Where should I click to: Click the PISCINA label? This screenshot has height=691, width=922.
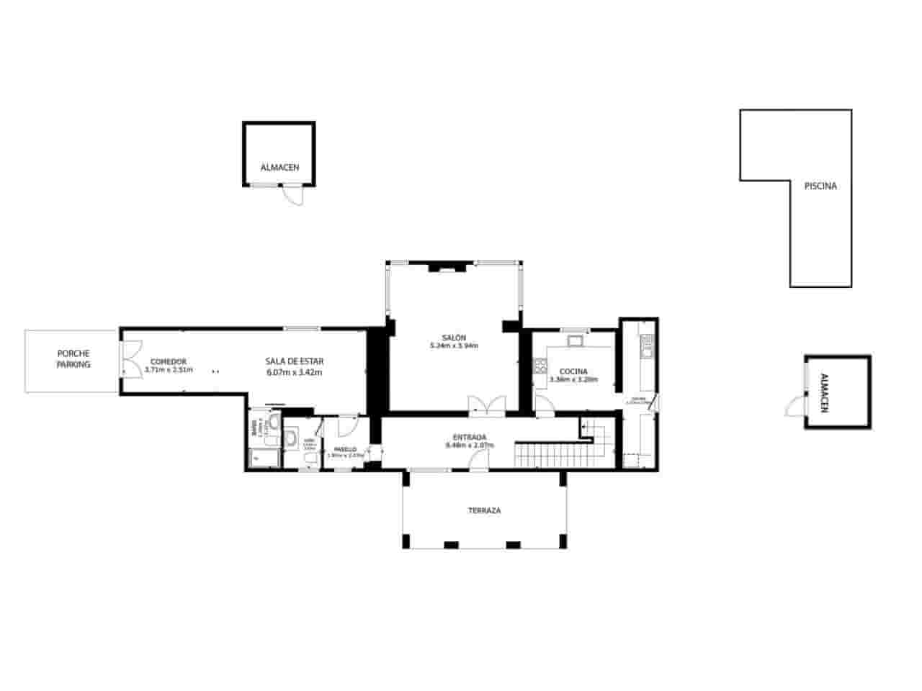(x=820, y=186)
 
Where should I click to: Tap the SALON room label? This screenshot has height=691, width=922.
(x=454, y=338)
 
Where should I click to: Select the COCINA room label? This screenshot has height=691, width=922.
(x=573, y=371)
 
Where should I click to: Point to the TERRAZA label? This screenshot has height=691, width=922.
(x=484, y=510)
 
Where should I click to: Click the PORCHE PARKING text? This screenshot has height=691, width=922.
(x=73, y=358)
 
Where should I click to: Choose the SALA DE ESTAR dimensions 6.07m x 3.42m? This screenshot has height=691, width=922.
(x=294, y=372)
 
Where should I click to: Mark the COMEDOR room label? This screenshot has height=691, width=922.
(x=169, y=361)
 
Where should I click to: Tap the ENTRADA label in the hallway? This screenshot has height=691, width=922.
(x=470, y=437)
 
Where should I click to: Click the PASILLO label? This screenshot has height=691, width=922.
(x=345, y=449)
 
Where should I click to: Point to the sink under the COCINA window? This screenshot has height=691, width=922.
(x=576, y=340)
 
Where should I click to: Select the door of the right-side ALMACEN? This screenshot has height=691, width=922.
(x=795, y=406)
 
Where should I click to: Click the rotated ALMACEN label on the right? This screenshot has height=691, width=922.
(x=825, y=392)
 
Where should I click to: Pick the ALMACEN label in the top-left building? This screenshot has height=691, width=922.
(x=279, y=168)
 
